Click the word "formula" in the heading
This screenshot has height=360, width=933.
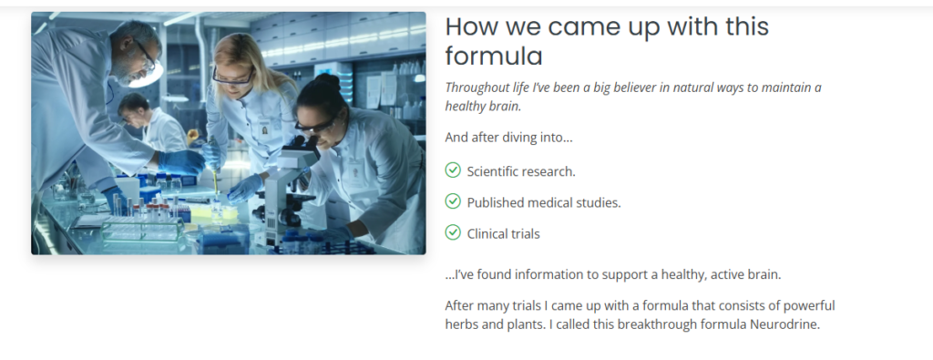[x=494, y=57]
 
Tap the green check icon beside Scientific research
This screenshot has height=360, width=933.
[x=453, y=170]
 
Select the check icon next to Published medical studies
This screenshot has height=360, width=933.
[x=453, y=201]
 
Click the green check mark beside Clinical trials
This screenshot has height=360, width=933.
[x=453, y=232]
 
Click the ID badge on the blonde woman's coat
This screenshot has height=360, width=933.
[x=264, y=129]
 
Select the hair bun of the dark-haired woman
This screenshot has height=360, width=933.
[x=326, y=81]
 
